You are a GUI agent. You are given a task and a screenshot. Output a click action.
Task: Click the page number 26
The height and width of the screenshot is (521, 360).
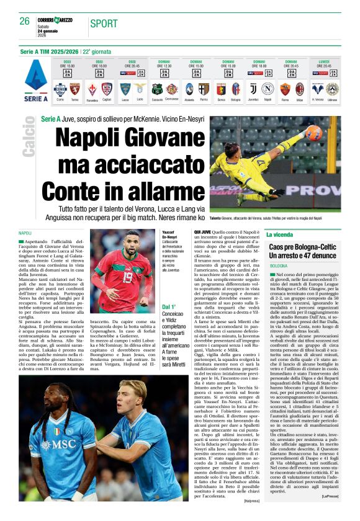pyautogui.click(x=24, y=21)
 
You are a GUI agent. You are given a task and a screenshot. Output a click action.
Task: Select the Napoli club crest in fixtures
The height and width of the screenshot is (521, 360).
pyautogui.click(x=268, y=89)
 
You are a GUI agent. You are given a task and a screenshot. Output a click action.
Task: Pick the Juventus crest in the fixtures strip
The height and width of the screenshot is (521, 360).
pyautogui.click(x=252, y=89)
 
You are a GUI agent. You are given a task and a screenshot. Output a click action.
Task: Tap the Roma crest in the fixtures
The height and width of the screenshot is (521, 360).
pyautogui.click(x=285, y=89)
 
